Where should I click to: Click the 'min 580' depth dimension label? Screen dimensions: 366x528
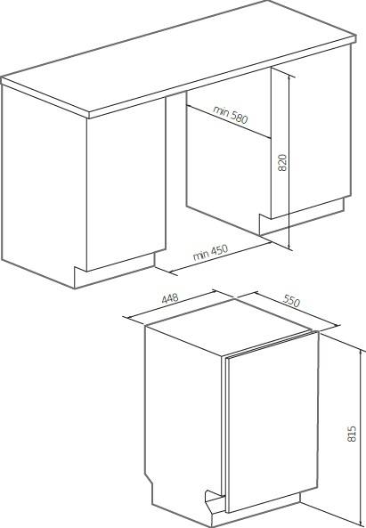(x=231, y=115)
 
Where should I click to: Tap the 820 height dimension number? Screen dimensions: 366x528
(x=282, y=162)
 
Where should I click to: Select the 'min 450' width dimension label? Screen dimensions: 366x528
(x=210, y=253)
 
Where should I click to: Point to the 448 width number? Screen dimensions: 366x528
(x=170, y=298)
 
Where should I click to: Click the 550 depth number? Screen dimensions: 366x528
(x=291, y=301)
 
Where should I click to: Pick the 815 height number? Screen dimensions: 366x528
(x=351, y=434)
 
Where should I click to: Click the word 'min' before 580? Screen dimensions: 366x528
(x=221, y=110)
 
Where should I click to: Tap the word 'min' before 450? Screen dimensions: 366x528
(x=200, y=256)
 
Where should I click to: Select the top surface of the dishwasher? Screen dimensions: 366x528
(x=229, y=326)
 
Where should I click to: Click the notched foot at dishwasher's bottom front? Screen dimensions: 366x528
(x=214, y=504)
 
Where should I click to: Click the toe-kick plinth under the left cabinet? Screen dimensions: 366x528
(x=115, y=270)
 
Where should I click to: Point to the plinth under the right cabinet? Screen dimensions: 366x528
(x=302, y=217)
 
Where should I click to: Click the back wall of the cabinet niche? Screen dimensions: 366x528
(x=228, y=162)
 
